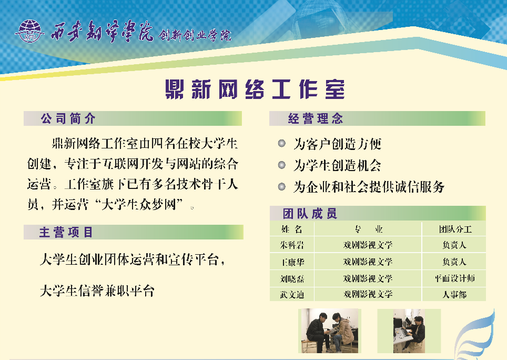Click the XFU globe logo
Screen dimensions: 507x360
[29, 32]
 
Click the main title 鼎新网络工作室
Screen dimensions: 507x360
[255, 89]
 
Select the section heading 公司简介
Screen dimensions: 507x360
[68, 119]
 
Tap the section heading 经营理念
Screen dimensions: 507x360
[316, 119]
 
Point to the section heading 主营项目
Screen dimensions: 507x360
[66, 232]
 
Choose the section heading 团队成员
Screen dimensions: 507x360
[310, 214]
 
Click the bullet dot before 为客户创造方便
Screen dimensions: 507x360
[282, 143]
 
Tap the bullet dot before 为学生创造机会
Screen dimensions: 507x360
[282, 165]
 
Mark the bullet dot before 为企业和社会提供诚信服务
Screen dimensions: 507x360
[282, 187]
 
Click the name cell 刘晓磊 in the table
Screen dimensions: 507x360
[292, 278]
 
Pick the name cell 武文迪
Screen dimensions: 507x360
[292, 294]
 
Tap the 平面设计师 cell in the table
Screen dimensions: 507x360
[454, 278]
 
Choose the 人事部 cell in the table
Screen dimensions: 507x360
[454, 294]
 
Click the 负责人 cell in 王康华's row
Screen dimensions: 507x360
[454, 262]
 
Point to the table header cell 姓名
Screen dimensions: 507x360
[292, 229]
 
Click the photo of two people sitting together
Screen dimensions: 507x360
[330, 331]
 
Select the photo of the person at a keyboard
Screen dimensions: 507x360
[409, 331]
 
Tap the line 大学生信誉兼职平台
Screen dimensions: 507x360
[97, 291]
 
